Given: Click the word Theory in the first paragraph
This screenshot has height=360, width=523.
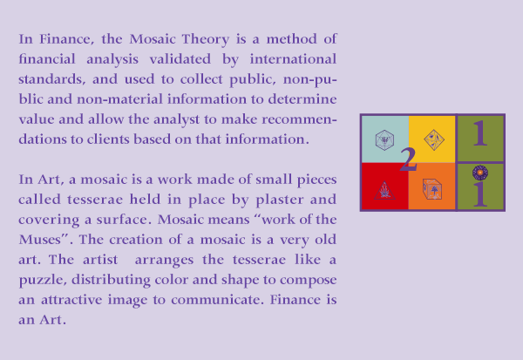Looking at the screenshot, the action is click(x=205, y=40).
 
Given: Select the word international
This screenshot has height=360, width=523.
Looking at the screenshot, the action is click(x=293, y=58).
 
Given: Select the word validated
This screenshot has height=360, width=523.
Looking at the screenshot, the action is click(x=180, y=59).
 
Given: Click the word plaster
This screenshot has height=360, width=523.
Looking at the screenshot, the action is click(x=280, y=200).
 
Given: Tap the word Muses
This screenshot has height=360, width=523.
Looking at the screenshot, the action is click(x=40, y=239).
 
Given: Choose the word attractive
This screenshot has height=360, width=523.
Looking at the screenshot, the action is click(x=71, y=300).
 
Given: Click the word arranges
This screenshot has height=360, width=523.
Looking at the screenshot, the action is click(x=164, y=260).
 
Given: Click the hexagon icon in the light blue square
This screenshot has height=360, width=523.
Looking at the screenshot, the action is click(x=384, y=140).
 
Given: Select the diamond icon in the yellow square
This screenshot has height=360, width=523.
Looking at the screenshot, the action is click(x=434, y=139).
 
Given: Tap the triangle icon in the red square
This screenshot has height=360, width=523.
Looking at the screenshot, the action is click(x=384, y=191).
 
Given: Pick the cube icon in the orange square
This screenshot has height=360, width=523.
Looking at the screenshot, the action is click(x=432, y=189).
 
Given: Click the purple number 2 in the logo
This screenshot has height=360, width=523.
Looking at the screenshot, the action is click(x=408, y=160).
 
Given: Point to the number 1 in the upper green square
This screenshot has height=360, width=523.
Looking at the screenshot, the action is click(x=480, y=133).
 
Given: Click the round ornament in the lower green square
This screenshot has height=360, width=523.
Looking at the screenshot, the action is click(x=480, y=173).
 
